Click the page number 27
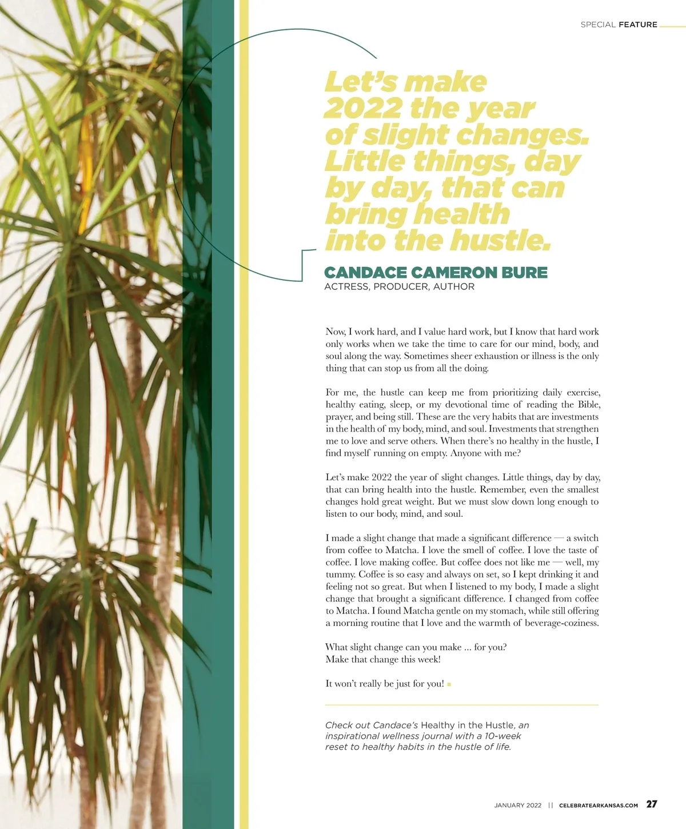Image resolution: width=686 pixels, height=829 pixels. [652, 804]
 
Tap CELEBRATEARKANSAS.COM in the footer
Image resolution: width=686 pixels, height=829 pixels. [599, 806]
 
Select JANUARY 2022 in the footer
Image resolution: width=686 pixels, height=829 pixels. [517, 806]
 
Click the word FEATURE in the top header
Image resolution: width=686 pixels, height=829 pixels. [638, 25]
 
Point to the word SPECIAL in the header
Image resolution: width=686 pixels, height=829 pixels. [598, 25]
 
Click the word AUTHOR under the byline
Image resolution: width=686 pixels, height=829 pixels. [454, 287]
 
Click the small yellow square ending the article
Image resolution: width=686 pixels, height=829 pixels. [449, 684]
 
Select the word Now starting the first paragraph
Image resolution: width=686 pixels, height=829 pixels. [335, 332]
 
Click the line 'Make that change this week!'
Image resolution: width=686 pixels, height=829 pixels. [383, 659]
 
